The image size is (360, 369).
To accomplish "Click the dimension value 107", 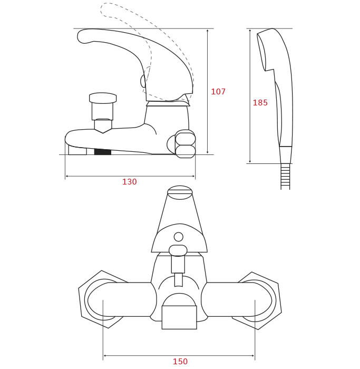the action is pos(218,92).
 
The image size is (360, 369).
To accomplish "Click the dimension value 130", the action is pos(130,182).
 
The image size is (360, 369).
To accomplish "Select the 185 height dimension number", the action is pos(260,103).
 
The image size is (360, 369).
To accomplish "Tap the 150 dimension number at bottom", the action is pos(180,362).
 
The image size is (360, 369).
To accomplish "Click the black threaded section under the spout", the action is pos(103,152).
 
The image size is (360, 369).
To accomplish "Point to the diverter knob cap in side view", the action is pos(103,98).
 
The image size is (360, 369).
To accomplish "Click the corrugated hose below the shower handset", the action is pos(285,177).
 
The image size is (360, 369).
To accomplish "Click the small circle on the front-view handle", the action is pos(179,237).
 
